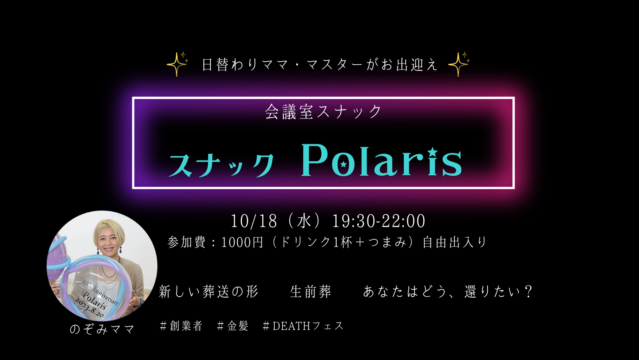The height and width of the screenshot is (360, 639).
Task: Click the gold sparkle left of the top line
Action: click(x=177, y=64)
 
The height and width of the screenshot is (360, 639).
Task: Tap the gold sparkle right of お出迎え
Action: click(x=459, y=64)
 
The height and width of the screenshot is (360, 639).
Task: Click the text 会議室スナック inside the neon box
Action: click(x=323, y=112)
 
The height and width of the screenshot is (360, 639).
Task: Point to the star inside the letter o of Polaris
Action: click(x=344, y=164)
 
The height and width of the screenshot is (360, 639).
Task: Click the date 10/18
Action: click(x=254, y=221)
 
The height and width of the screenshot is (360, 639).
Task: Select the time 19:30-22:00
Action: click(x=378, y=221)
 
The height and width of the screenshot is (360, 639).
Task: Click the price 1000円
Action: click(x=242, y=242)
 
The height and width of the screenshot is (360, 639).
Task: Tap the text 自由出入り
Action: click(x=455, y=242)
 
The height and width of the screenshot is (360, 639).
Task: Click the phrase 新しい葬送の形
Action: click(x=209, y=291)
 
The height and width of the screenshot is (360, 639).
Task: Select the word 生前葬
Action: click(x=311, y=291)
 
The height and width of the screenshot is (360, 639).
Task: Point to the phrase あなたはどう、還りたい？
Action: click(x=448, y=291)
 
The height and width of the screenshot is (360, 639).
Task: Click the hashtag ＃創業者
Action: click(x=181, y=326)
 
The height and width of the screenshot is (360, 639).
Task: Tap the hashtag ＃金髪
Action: click(x=233, y=326)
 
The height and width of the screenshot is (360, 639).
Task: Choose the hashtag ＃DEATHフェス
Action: click(x=303, y=326)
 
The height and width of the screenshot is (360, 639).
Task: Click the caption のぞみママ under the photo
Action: click(x=102, y=330)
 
